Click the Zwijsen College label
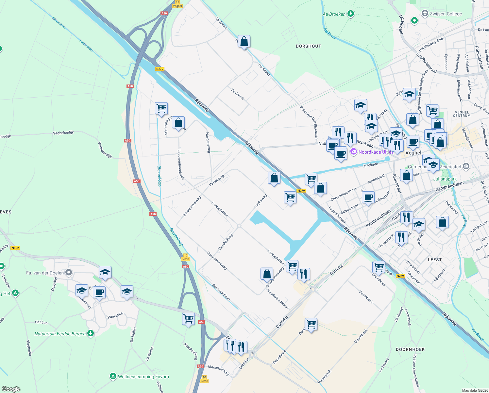coord(446,14)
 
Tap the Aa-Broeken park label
coord(334,14)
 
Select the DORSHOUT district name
coord(308,46)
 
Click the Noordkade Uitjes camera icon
coord(353,152)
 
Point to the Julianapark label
coord(445,179)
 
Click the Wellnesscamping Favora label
coord(143,377)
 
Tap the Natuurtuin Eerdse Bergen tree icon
coord(91,333)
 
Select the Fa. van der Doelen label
coord(45,272)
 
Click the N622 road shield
coord(15,248)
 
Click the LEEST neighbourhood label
coord(435,260)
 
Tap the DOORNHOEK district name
coord(410,349)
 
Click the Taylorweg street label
coord(261,200)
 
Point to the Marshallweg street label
coord(226,242)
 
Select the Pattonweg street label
coord(217,180)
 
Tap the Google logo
coord(11,389)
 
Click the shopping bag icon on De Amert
coord(244,42)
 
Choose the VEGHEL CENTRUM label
coord(462,114)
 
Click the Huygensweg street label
coord(208,142)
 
